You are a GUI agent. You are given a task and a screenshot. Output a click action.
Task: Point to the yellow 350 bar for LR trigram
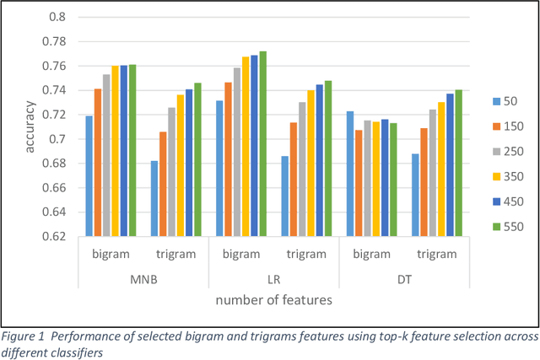pos(311,164)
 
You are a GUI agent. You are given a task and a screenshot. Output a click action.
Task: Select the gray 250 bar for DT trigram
pos(432,173)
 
